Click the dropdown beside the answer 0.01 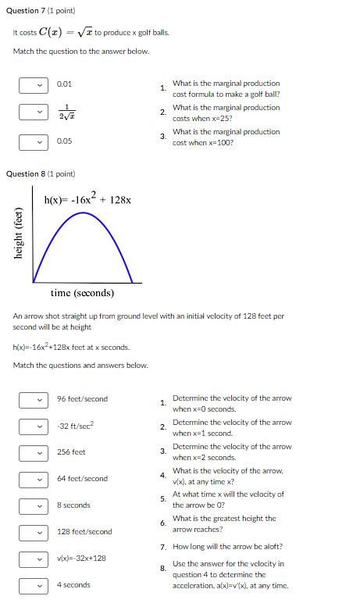[29, 84]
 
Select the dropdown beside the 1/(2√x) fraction [29, 112]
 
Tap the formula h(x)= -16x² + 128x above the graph [87, 199]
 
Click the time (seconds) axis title [82, 294]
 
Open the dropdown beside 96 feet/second [29, 400]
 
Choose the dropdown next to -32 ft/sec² [29, 427]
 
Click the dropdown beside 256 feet [29, 453]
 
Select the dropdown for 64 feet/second [29, 480]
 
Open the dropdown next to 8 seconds [29, 506]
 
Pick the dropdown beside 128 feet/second [29, 533]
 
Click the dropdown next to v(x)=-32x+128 [29, 559]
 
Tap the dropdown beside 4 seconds [29, 586]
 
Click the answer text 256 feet [71, 452]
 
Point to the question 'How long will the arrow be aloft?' [227, 547]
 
